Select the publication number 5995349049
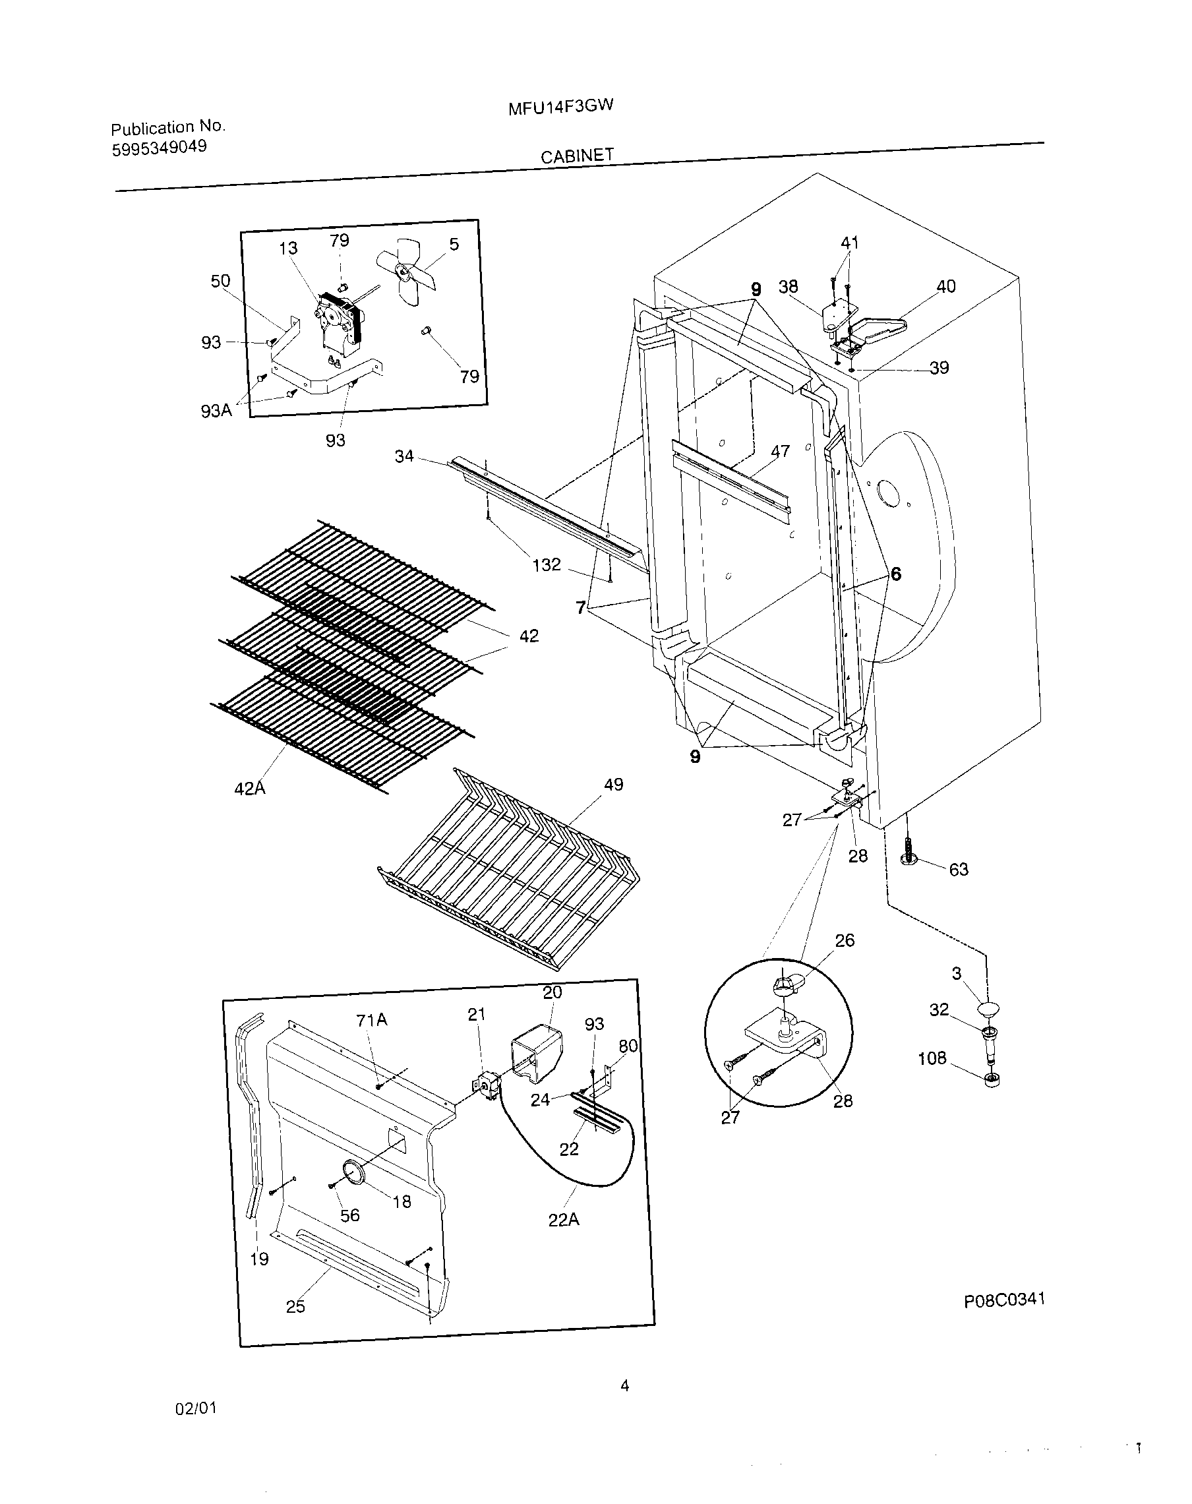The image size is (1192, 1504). [159, 148]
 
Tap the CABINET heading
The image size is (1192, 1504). [577, 156]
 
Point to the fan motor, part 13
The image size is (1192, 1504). [340, 323]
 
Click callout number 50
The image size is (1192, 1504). [220, 281]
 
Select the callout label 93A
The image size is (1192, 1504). [216, 411]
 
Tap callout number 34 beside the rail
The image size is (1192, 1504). [404, 456]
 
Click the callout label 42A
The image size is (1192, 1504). [250, 789]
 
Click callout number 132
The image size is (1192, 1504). [546, 564]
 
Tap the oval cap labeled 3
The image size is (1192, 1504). [988, 1008]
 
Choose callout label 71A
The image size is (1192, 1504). [371, 1021]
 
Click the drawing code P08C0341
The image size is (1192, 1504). [1003, 1300]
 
